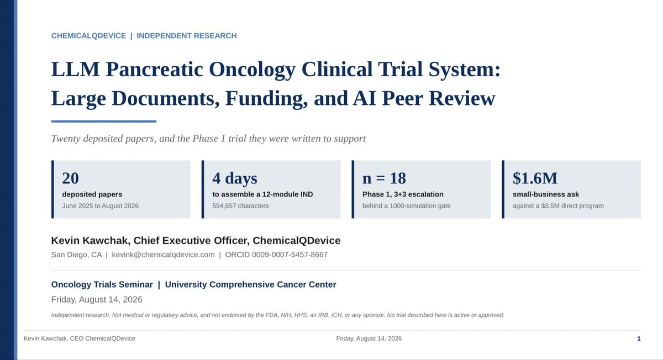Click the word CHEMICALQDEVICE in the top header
coord(88,36)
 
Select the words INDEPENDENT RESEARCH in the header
coord(187,36)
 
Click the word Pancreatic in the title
coord(154,70)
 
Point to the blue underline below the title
coord(104,121)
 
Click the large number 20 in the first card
coord(71,178)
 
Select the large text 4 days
coord(235,178)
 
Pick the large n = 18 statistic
coord(384,178)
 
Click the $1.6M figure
coord(535,178)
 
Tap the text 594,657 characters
coord(240,206)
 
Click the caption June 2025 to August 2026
coord(101,206)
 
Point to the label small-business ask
coord(546,194)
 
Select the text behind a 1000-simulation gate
coord(407,206)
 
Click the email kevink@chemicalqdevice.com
coord(163,255)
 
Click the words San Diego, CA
coord(76,255)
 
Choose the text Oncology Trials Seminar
coord(102,284)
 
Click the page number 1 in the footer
coord(639,338)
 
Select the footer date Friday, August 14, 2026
coord(369,338)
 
